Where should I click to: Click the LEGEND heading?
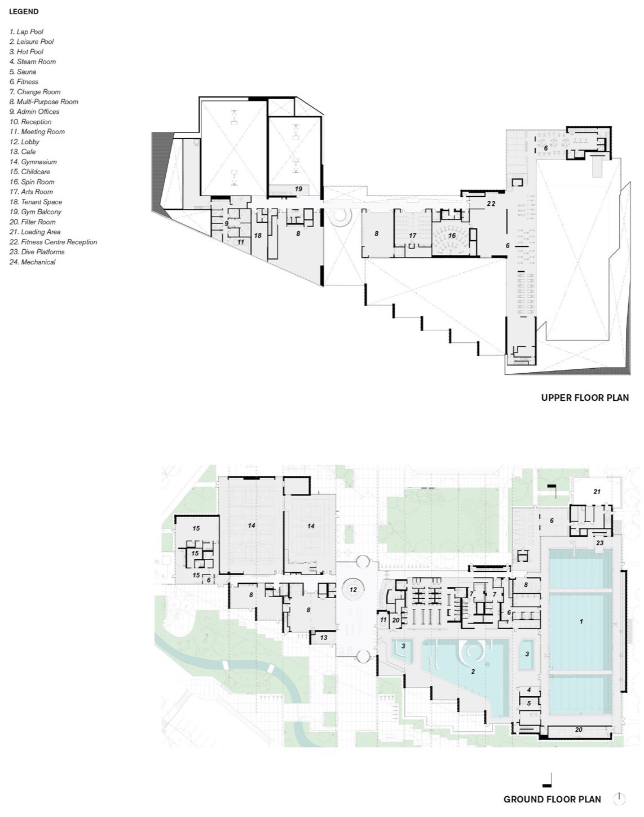point(24,11)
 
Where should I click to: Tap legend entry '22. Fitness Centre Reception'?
point(53,242)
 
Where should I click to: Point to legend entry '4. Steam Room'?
point(32,61)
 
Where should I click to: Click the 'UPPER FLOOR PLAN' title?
point(585,398)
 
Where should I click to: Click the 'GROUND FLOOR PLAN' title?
point(552,799)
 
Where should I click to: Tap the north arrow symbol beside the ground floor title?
point(619,798)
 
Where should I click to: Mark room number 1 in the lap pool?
point(581,621)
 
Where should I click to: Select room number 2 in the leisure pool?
point(473,671)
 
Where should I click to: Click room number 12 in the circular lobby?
point(353,590)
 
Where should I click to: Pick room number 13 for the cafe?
point(323,638)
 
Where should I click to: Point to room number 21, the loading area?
point(597,492)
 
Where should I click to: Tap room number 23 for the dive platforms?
point(599,543)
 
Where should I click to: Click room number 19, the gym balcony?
point(298,189)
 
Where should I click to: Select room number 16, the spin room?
point(452,236)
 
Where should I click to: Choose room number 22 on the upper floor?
point(491,204)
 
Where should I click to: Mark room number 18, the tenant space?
point(258,236)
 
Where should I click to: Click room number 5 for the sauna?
point(529,703)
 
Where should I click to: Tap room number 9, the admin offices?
point(226,224)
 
